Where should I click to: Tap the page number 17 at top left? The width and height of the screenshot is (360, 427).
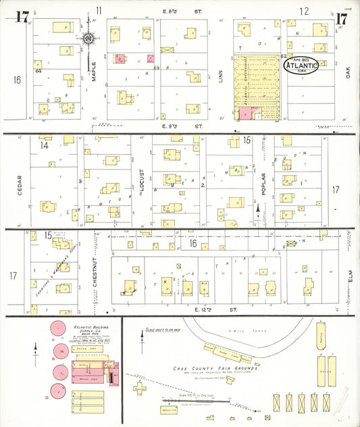pyautogui.click(x=22, y=18)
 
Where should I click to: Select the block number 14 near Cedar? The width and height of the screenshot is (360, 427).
pyautogui.click(x=45, y=145)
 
